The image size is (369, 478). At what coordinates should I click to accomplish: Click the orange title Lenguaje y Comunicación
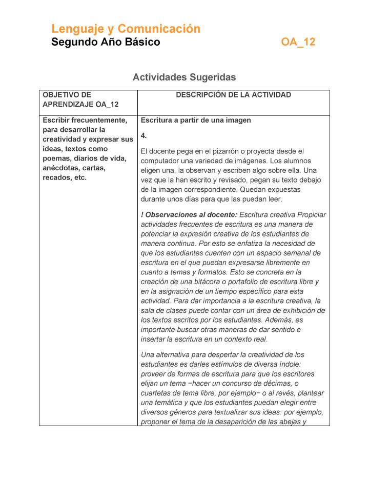pyautogui.click(x=126, y=29)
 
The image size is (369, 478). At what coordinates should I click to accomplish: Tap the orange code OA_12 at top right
pyautogui.click(x=298, y=42)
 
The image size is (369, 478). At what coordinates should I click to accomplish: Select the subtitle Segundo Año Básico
pyautogui.click(x=106, y=42)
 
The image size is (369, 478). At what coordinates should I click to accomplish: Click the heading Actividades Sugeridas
pyautogui.click(x=184, y=77)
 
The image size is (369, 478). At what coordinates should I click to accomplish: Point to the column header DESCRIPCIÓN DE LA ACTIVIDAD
pyautogui.click(x=233, y=95)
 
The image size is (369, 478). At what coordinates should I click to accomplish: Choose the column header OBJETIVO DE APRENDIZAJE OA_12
pyautogui.click(x=80, y=99)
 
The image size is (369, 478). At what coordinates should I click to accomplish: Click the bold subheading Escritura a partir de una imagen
pyautogui.click(x=196, y=121)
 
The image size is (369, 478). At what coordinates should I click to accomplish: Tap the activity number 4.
pyautogui.click(x=144, y=135)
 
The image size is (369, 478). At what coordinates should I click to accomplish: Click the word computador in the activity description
pyautogui.click(x=162, y=161)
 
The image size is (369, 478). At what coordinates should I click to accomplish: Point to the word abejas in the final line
pyautogui.click(x=286, y=422)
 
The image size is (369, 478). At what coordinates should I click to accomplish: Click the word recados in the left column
pyautogui.click(x=56, y=178)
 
